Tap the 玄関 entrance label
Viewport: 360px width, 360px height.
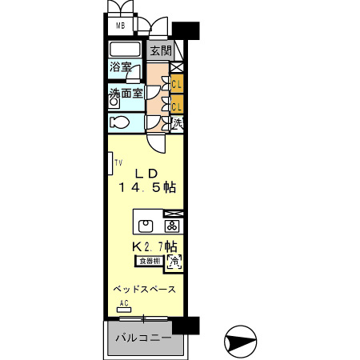(x=160, y=50)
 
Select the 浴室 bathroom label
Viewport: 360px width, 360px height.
(x=122, y=68)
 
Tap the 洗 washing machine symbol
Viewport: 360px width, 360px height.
(x=177, y=124)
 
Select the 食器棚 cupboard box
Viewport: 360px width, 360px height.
(x=149, y=260)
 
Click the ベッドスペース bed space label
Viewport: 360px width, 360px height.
(x=144, y=287)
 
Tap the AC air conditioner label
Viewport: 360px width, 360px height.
(x=124, y=302)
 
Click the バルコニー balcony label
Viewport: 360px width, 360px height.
(x=142, y=338)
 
